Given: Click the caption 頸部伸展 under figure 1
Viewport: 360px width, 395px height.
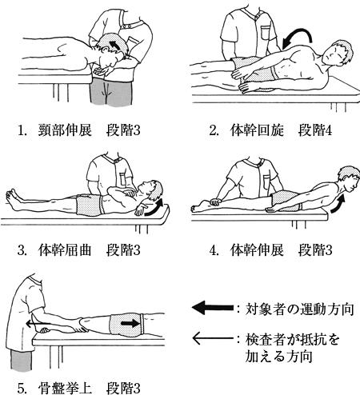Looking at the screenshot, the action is pyautogui.click(x=65, y=130).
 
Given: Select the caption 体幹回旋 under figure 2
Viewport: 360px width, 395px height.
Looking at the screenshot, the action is pyautogui.click(x=257, y=130).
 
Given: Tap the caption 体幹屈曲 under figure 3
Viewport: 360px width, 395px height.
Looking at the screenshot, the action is pyautogui.click(x=65, y=250).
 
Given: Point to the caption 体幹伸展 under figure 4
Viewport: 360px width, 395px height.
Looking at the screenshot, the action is pyautogui.click(x=257, y=250).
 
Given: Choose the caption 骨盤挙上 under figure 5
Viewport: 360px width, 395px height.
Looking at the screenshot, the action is pyautogui.click(x=65, y=389).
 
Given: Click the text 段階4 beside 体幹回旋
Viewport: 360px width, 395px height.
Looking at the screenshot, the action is pyautogui.click(x=315, y=130).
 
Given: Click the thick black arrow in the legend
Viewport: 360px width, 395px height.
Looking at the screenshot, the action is pyautogui.click(x=213, y=308).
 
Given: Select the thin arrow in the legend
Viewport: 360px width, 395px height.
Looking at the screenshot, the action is pyautogui.click(x=213, y=338).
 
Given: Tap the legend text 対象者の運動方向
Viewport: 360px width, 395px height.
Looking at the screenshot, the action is pyautogui.click(x=299, y=309).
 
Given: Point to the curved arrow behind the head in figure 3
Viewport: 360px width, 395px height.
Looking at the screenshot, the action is pyautogui.click(x=154, y=208).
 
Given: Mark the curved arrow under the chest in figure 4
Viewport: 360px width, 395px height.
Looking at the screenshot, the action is pyautogui.click(x=338, y=204).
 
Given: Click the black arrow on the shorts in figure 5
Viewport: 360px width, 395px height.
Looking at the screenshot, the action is pyautogui.click(x=130, y=323).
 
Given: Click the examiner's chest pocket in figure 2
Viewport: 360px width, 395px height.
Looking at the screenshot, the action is pyautogui.click(x=266, y=33).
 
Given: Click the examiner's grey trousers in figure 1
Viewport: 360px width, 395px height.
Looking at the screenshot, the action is pyautogui.click(x=111, y=92).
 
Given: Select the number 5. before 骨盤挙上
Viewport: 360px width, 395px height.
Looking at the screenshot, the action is pyautogui.click(x=22, y=389).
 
